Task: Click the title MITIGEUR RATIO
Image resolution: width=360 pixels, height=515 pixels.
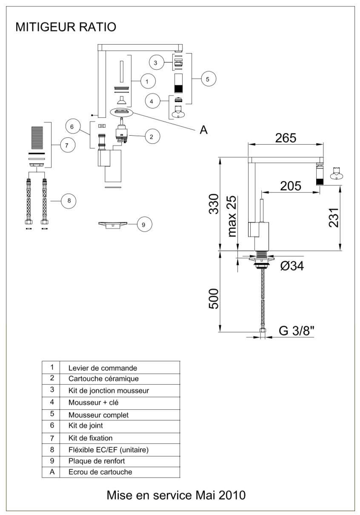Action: [66, 27]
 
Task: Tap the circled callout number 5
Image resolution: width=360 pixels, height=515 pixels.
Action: [209, 79]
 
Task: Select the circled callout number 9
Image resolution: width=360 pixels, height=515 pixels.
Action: [144, 224]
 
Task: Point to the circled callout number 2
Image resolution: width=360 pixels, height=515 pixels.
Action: [152, 137]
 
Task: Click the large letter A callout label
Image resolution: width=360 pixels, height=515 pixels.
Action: [203, 130]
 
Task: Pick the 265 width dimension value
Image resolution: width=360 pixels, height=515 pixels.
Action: [286, 138]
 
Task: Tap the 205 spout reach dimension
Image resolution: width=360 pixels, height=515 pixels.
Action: [291, 186]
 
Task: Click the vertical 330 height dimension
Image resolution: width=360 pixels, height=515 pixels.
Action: [214, 204]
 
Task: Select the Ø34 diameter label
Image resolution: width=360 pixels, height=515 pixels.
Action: [292, 266]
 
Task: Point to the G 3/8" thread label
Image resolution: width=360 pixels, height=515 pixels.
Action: [296, 331]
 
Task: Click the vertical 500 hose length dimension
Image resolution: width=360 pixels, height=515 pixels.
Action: [214, 299]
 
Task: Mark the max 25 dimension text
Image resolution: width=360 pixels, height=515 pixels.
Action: [232, 216]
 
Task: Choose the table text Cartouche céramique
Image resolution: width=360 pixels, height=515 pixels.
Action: [103, 379]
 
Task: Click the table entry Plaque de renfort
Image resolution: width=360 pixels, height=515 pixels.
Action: [97, 461]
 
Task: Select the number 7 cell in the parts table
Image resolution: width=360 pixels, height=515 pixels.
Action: [52, 438]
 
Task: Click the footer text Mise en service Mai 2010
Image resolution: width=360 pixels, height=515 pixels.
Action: [176, 495]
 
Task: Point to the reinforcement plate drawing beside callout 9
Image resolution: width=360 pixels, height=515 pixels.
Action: [113, 225]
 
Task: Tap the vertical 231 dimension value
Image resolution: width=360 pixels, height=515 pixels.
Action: [334, 218]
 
